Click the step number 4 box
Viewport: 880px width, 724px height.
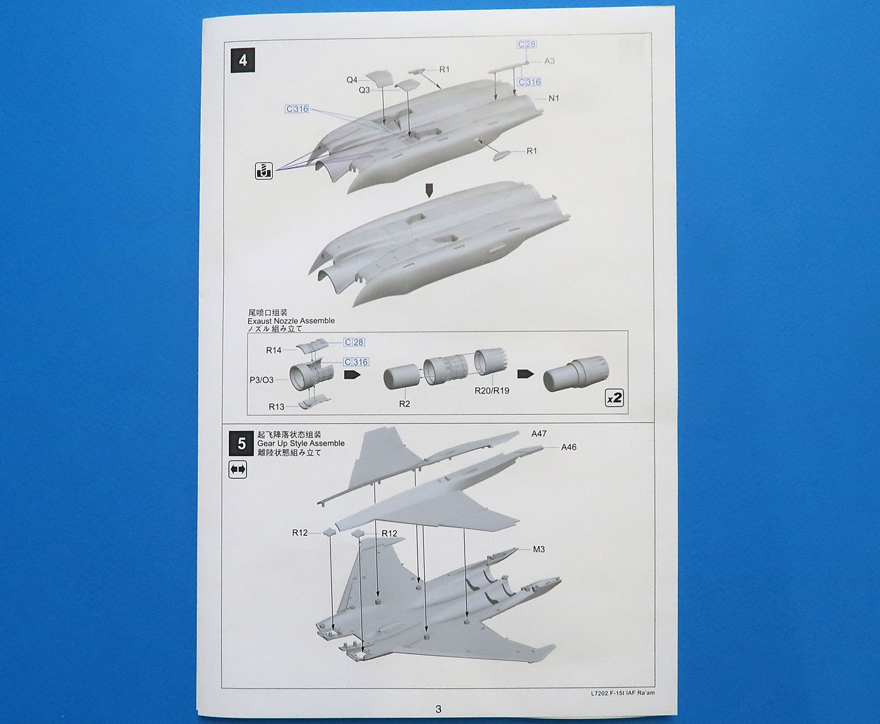[x=243, y=61]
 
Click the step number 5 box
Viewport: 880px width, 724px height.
[x=241, y=444]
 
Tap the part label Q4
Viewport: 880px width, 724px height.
[x=352, y=80]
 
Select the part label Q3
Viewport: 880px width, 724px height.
[x=365, y=90]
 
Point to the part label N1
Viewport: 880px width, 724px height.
[x=553, y=98]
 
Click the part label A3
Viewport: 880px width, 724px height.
[x=549, y=61]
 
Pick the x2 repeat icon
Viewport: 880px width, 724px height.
[x=614, y=398]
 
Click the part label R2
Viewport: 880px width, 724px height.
[x=404, y=403]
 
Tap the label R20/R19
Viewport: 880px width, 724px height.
[x=492, y=390]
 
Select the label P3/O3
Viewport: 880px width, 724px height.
[x=261, y=380]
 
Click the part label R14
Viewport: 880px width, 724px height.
[x=273, y=350]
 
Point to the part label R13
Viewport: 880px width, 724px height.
[x=277, y=407]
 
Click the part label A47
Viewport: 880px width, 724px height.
[x=539, y=434]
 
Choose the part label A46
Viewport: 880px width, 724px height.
[x=568, y=447]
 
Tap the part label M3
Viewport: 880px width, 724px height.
[x=539, y=549]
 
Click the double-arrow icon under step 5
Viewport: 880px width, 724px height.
[x=238, y=469]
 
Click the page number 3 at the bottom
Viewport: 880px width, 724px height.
[x=438, y=709]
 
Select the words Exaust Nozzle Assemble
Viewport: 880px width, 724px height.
[x=291, y=321]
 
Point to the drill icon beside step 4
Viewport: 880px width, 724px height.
[x=264, y=170]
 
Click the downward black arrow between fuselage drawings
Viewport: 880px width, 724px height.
[x=429, y=190]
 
